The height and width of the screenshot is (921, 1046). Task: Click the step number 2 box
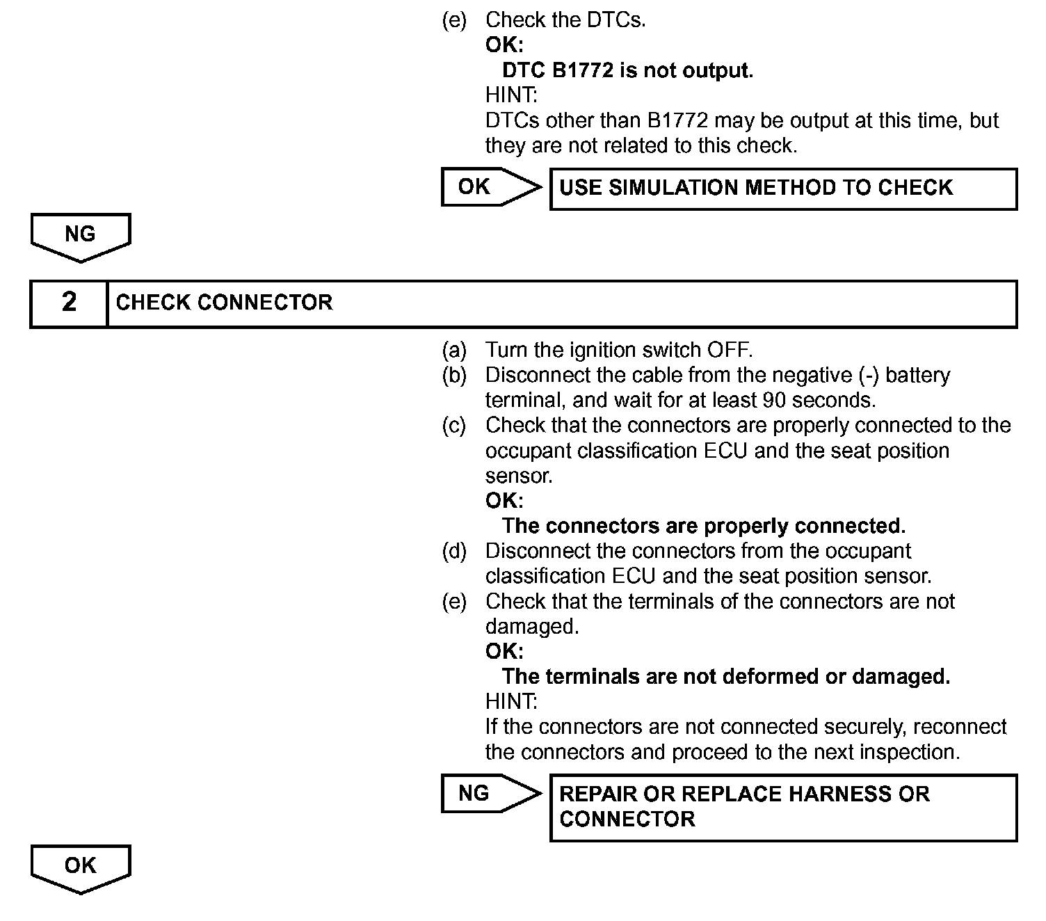click(x=69, y=303)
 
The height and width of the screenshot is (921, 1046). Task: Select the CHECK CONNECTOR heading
click(x=224, y=303)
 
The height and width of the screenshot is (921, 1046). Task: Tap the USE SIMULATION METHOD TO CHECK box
click(x=783, y=189)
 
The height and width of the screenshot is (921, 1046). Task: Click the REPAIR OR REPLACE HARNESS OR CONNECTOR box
click(x=783, y=807)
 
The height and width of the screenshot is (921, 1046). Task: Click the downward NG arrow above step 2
click(x=81, y=237)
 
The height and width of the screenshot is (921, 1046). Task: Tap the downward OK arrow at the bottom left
click(x=81, y=868)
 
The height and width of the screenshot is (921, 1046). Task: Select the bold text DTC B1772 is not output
click(x=627, y=70)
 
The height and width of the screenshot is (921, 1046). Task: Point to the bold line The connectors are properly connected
click(x=703, y=526)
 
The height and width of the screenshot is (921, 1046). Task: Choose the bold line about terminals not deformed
click(x=725, y=676)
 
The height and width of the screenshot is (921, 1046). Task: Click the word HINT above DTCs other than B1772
click(x=511, y=95)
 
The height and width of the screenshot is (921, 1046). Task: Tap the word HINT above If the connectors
click(x=511, y=701)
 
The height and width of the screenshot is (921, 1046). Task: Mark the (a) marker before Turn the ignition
click(x=454, y=349)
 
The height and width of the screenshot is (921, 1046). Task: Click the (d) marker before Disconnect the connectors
click(x=454, y=551)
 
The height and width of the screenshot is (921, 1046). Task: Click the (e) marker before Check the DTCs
click(x=454, y=20)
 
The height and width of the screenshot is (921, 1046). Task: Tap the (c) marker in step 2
click(x=454, y=425)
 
